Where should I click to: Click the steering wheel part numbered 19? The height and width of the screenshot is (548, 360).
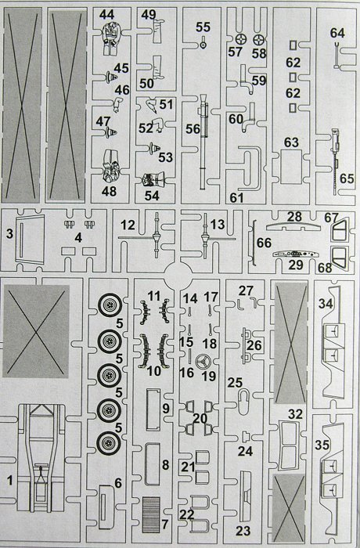[x=202, y=362]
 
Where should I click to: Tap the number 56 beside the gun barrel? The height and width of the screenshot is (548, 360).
[x=193, y=128]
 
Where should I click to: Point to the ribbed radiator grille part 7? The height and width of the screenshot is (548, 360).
[x=151, y=514]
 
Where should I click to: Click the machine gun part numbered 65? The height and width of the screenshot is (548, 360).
[x=337, y=161]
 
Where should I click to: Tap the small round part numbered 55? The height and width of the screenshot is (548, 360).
[x=203, y=45]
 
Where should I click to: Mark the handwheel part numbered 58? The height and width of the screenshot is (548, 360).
[x=258, y=40]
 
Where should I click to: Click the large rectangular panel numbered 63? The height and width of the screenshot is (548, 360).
[x=291, y=167]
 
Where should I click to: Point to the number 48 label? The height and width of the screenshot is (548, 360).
[x=109, y=192]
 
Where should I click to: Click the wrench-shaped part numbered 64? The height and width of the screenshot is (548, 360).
[x=337, y=55]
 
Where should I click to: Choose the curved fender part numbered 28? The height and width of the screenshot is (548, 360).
[x=293, y=226]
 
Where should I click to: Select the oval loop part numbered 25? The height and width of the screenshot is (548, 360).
[x=243, y=401]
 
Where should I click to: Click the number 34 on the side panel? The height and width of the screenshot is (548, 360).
[x=326, y=304]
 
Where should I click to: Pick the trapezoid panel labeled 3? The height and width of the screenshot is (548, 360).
[x=31, y=240]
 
